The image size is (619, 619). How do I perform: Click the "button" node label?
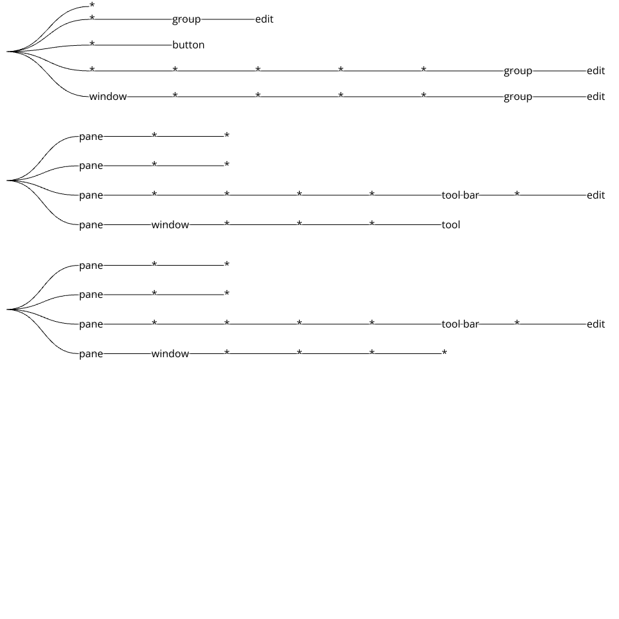point(188,45)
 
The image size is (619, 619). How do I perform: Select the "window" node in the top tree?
point(108,97)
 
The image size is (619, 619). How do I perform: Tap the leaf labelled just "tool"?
point(451,225)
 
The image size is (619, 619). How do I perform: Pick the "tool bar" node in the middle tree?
point(460,195)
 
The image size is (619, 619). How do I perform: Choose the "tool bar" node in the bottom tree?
point(460,324)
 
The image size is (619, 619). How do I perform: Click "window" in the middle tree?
point(170,225)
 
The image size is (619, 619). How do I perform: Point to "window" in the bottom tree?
point(170,354)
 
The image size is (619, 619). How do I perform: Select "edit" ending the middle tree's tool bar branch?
point(596,195)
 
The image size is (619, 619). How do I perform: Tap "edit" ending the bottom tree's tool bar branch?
point(596,324)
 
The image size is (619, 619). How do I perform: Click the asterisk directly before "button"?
point(92,44)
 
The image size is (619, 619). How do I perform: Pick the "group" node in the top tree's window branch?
point(518,97)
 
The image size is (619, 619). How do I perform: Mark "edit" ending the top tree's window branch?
point(596,97)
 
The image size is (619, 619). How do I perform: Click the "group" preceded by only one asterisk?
point(186,19)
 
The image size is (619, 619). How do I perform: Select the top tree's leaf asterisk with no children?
point(92,6)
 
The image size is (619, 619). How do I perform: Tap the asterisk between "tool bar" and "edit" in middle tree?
point(517,194)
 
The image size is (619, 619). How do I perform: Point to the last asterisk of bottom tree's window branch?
point(444,353)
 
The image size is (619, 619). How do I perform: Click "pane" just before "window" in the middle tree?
point(91,225)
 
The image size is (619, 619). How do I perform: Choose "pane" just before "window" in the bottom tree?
point(91,354)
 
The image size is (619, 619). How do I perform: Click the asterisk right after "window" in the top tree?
point(175,96)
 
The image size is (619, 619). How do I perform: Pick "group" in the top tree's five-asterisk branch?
point(518,71)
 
